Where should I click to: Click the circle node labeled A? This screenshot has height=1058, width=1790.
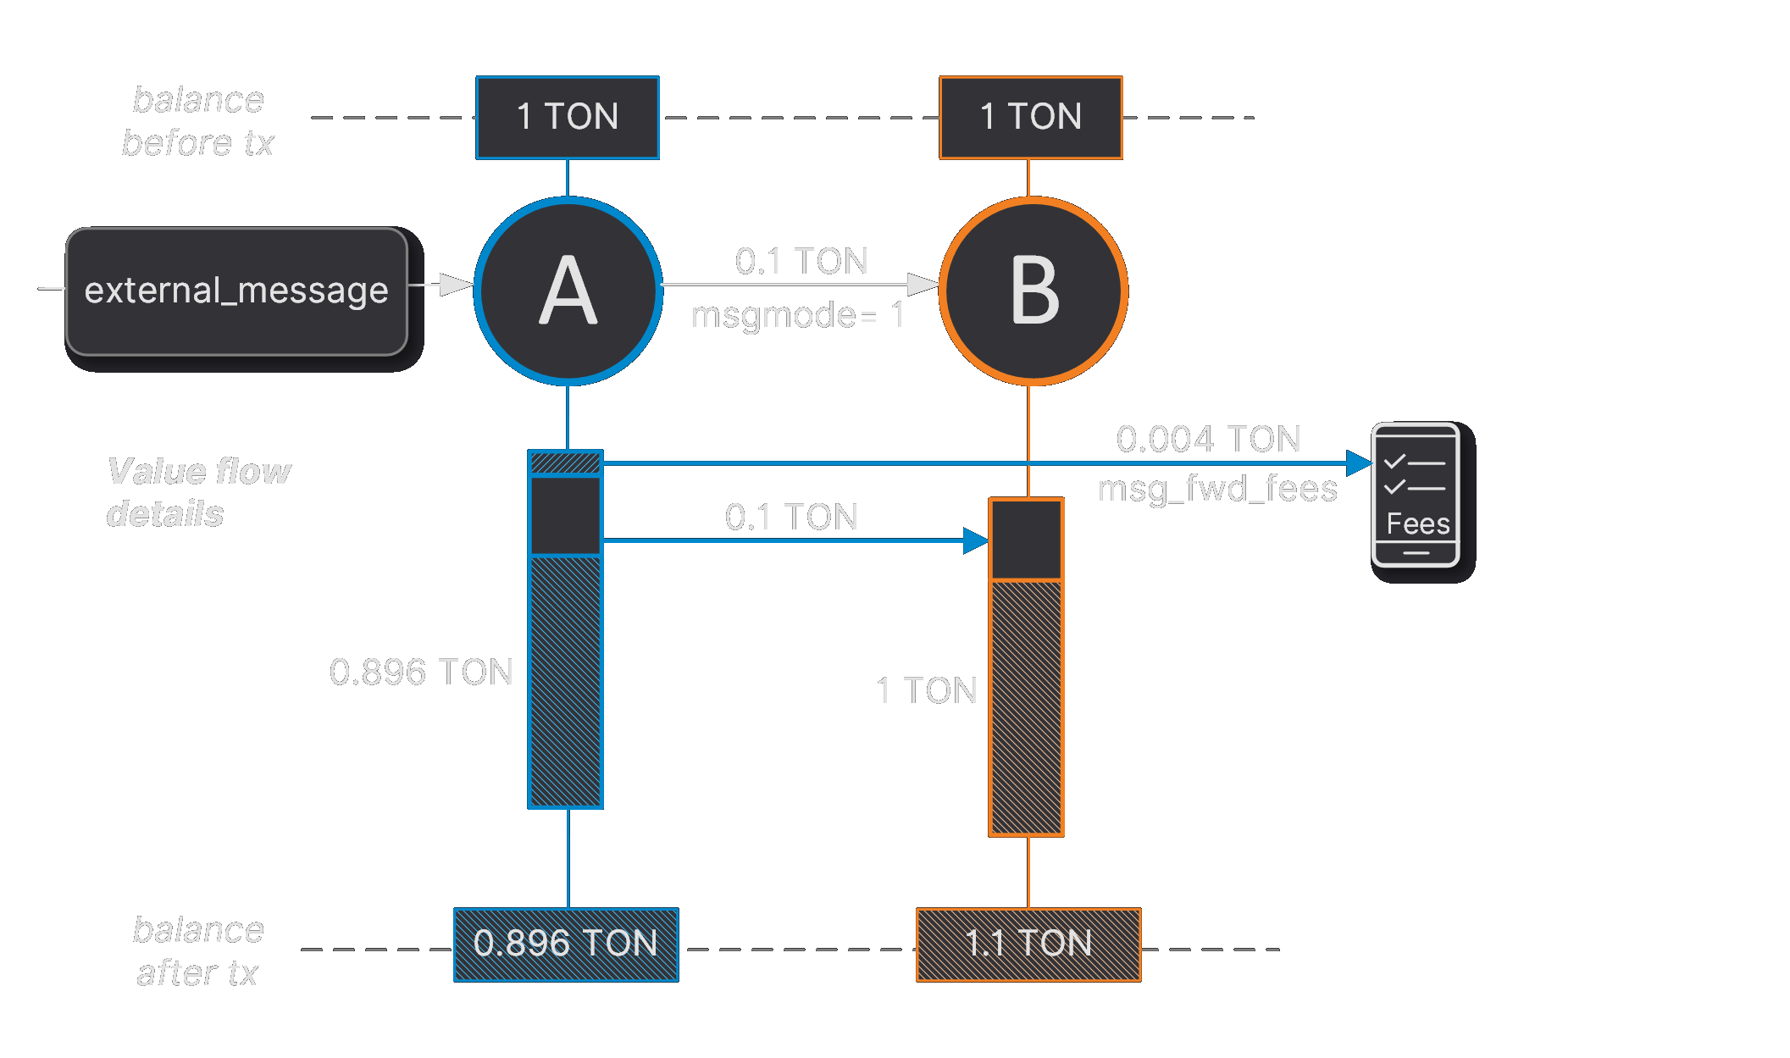click(568, 291)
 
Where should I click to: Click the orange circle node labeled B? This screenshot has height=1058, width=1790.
click(1033, 291)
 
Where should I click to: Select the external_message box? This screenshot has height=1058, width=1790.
click(236, 291)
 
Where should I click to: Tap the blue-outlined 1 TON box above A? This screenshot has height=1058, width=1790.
click(568, 117)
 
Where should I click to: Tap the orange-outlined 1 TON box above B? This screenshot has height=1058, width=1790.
click(1031, 117)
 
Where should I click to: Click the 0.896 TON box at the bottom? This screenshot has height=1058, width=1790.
click(566, 944)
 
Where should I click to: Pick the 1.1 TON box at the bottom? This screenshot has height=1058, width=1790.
click(1028, 944)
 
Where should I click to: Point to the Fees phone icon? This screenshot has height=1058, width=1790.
click(1416, 496)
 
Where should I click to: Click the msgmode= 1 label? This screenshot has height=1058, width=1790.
click(797, 316)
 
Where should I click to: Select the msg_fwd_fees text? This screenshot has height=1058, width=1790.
click(1217, 489)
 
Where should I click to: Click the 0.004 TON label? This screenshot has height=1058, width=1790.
click(1208, 439)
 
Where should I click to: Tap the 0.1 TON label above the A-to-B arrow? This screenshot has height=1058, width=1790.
click(801, 261)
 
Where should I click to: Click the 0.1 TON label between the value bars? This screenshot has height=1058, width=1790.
click(791, 517)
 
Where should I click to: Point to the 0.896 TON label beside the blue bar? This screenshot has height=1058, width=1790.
click(421, 672)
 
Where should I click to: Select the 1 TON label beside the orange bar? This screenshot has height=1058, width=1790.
click(926, 690)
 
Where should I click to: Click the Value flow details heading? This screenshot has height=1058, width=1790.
click(198, 492)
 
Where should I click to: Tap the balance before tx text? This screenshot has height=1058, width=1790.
click(198, 121)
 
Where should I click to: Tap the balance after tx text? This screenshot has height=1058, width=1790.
click(198, 951)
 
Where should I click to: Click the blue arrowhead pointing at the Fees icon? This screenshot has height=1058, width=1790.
click(1360, 463)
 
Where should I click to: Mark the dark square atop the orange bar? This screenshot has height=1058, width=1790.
click(1027, 540)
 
